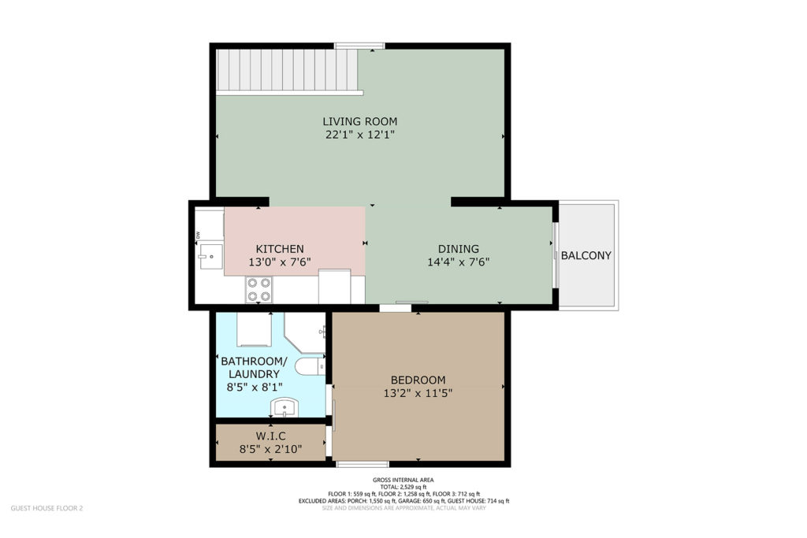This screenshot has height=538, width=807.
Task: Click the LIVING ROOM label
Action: click(x=359, y=121)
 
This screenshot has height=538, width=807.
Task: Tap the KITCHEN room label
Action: click(x=280, y=249)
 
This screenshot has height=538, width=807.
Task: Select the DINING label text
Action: click(x=458, y=249)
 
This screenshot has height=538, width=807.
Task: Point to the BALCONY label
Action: click(x=586, y=256)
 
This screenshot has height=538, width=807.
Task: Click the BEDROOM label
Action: click(x=418, y=380)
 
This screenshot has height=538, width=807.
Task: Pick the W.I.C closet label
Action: click(x=271, y=436)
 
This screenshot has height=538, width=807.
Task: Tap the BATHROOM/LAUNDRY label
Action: click(x=254, y=367)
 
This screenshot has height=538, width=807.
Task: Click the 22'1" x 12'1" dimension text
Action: click(x=359, y=135)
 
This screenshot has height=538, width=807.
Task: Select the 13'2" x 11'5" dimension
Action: click(x=418, y=394)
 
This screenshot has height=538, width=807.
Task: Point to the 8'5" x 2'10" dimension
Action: click(x=271, y=450)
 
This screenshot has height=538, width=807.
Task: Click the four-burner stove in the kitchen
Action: click(x=258, y=290)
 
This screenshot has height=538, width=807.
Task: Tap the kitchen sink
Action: click(x=210, y=256)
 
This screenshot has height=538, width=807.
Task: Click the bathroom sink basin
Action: click(x=284, y=407)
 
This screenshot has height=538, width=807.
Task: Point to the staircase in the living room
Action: click(x=288, y=72)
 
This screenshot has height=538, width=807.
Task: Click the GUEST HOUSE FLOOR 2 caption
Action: click(x=46, y=508)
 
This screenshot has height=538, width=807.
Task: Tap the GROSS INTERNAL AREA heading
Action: click(x=403, y=480)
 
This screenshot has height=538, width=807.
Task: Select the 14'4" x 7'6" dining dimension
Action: click(x=458, y=262)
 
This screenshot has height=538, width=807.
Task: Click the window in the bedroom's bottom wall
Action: click(x=363, y=464)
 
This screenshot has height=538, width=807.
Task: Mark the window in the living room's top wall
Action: click(x=359, y=46)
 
